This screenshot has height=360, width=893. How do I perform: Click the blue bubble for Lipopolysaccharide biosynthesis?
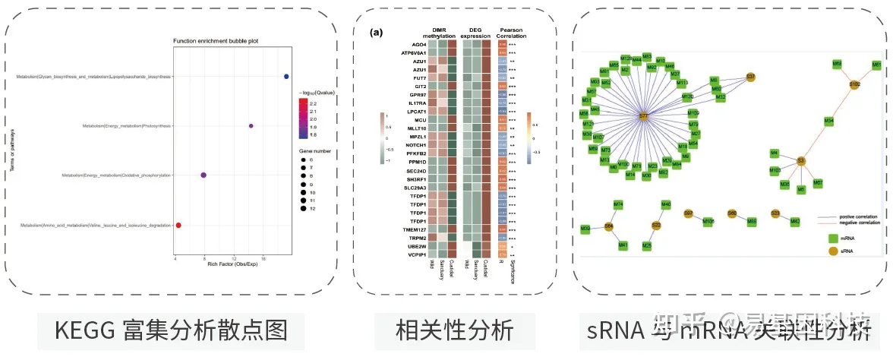tap(286, 77)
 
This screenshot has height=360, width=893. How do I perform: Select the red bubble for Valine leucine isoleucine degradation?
tap(178, 225)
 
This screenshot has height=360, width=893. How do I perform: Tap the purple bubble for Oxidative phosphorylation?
tap(204, 175)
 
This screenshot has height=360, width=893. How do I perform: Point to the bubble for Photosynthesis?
tap(251, 126)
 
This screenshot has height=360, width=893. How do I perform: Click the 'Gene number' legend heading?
tap(313, 151)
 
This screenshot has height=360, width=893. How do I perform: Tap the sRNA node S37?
tap(751, 77)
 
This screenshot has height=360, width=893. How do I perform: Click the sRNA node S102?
tap(854, 85)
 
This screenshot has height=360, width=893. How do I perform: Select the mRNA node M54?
tap(829, 121)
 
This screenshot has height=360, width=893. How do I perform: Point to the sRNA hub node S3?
tap(800, 161)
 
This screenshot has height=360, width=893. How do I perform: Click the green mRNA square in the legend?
tap(833, 238)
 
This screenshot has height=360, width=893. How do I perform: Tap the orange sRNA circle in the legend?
tap(833, 251)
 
